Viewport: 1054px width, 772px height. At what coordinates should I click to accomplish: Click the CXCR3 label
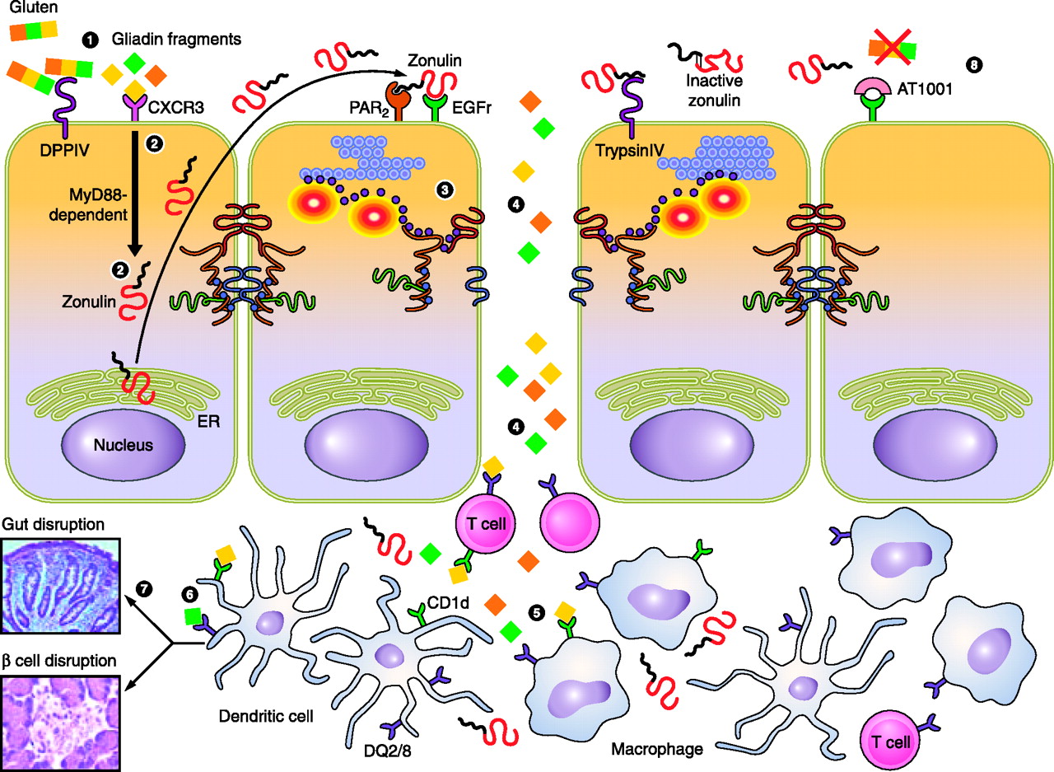point(176,107)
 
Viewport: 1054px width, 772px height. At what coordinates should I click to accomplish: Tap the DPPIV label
point(64,150)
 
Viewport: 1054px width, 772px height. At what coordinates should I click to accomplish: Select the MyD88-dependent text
point(88,205)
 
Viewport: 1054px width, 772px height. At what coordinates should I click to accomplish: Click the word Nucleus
point(124,445)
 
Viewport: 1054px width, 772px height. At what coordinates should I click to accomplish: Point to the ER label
point(208,421)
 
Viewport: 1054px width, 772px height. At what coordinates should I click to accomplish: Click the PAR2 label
point(369,109)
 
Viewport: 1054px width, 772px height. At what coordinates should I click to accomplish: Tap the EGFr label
point(472,108)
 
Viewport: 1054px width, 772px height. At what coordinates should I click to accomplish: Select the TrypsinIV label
point(630,151)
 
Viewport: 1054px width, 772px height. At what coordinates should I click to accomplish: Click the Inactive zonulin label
point(714,91)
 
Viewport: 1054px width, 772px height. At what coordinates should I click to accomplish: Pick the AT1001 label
point(925,89)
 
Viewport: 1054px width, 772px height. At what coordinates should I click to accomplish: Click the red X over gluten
point(893,47)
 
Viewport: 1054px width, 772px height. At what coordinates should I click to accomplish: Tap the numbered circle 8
point(974,64)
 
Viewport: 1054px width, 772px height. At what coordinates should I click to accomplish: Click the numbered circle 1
point(90,40)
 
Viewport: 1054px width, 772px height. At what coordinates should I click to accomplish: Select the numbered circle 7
point(144,588)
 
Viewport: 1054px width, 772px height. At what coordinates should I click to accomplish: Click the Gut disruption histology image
point(60,586)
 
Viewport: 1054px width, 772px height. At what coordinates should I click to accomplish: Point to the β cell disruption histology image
point(60,723)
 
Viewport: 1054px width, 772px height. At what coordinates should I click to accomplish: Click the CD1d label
point(448,603)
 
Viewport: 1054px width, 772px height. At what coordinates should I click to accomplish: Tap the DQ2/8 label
point(388,751)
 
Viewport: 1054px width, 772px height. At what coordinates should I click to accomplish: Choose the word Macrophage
point(657,749)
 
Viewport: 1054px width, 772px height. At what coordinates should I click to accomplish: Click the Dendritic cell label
point(266,717)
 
